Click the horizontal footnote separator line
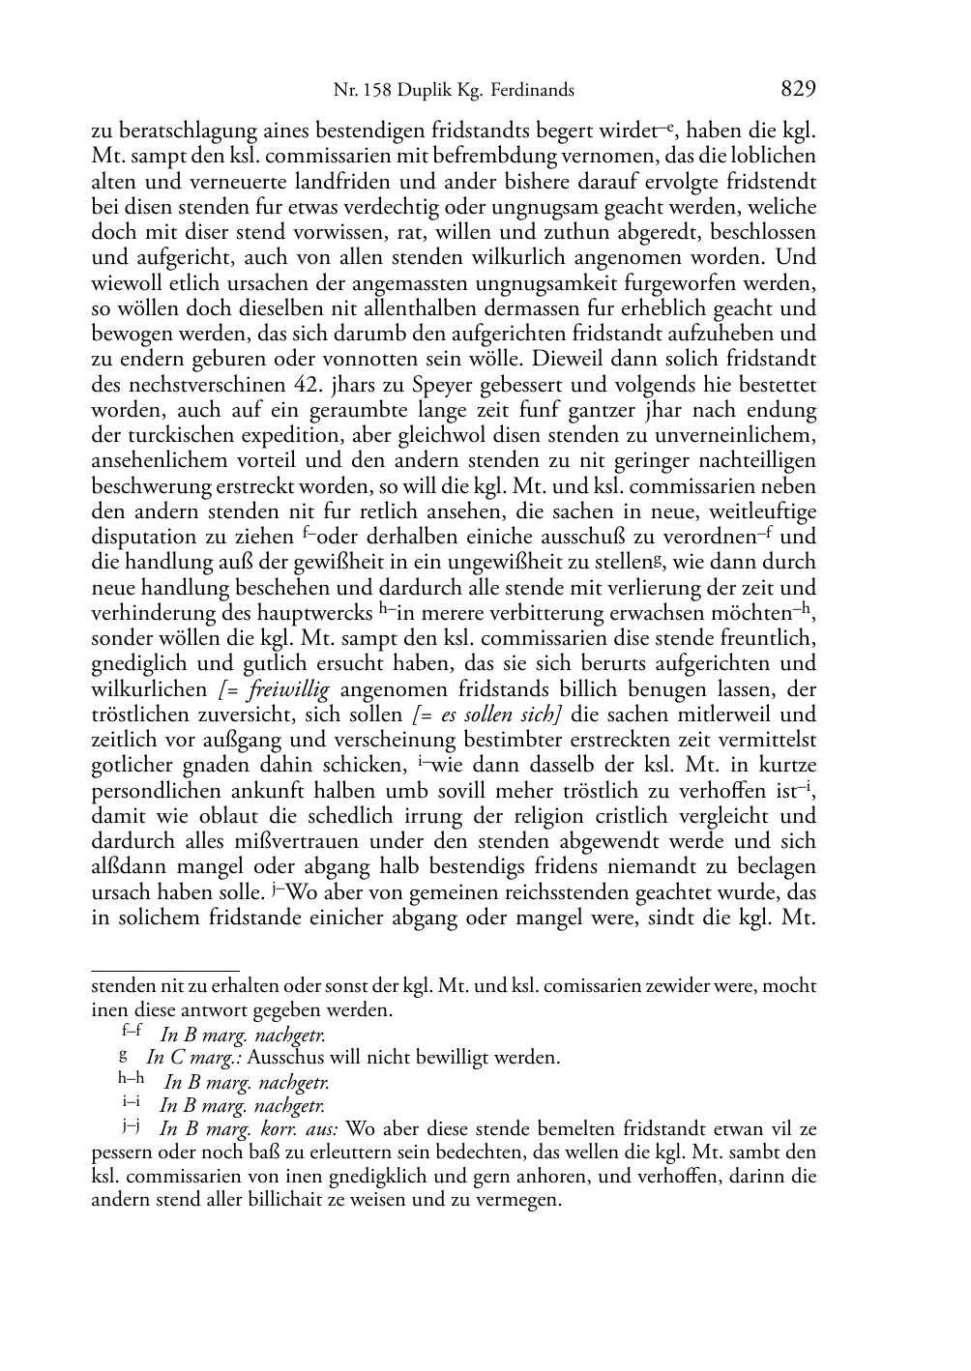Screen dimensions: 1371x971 pyautogui.click(x=164, y=969)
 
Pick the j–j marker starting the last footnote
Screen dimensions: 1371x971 pyautogui.click(x=131, y=1125)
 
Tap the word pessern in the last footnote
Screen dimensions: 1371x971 pyautogui.click(x=122, y=1152)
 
